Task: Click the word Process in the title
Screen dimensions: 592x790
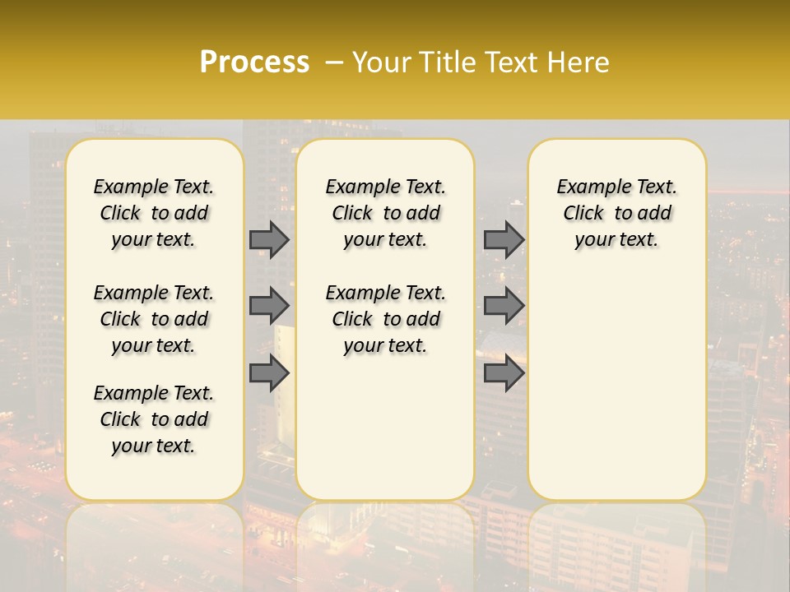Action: (x=254, y=62)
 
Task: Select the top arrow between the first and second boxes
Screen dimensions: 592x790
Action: (x=269, y=239)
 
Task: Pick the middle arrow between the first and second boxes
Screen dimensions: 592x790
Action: (x=269, y=306)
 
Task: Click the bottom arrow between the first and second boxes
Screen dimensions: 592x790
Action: (x=269, y=373)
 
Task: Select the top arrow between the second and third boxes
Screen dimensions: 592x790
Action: (x=504, y=239)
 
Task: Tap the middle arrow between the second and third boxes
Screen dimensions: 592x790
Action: (x=504, y=306)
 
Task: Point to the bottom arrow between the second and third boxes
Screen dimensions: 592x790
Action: (x=504, y=373)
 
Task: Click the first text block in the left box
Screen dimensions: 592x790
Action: (x=154, y=213)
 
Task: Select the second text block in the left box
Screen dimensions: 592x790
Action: (x=154, y=319)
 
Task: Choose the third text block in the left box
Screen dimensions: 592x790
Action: (x=154, y=419)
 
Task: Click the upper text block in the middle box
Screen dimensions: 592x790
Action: (x=385, y=213)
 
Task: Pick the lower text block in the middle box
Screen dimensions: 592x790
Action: (x=385, y=319)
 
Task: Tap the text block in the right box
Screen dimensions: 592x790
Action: (x=616, y=213)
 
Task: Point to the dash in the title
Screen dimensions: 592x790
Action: (x=333, y=62)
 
